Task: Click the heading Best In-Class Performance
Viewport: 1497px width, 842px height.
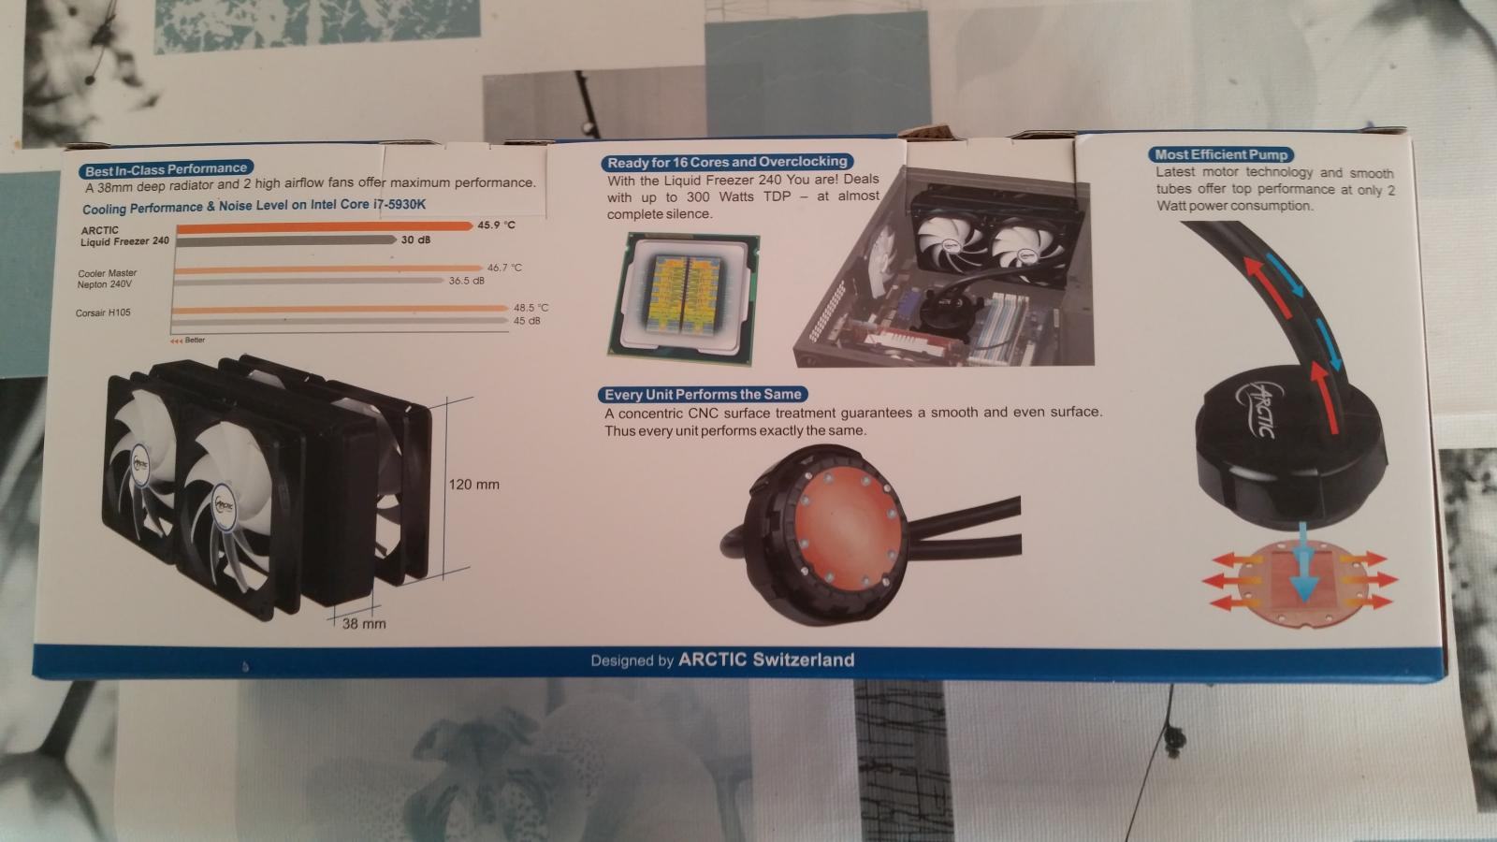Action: tap(166, 169)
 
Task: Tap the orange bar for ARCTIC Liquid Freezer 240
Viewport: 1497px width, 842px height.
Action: tap(325, 227)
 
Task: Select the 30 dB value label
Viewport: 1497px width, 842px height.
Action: tap(415, 240)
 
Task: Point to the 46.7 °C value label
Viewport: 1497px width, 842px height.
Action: tap(504, 268)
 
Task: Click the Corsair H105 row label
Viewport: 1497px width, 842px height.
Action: tap(103, 312)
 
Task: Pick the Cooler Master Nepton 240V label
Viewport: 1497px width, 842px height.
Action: tap(107, 279)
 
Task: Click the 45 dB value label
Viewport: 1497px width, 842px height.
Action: tap(527, 321)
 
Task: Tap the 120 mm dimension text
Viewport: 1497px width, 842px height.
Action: tap(473, 485)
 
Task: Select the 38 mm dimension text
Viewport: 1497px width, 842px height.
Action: tap(364, 623)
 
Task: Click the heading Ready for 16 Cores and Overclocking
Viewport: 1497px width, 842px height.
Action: tap(727, 163)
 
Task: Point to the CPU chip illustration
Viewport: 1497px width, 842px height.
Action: tap(683, 298)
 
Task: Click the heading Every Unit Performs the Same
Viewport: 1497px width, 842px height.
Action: tap(703, 394)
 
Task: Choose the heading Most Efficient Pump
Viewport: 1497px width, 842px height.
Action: tap(1221, 155)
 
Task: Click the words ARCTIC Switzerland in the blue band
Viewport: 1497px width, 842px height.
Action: tap(766, 660)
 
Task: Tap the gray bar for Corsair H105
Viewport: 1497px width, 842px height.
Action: tap(340, 322)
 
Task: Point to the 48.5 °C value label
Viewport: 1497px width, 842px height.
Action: tap(530, 308)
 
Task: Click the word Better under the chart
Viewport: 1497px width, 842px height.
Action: tap(196, 341)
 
